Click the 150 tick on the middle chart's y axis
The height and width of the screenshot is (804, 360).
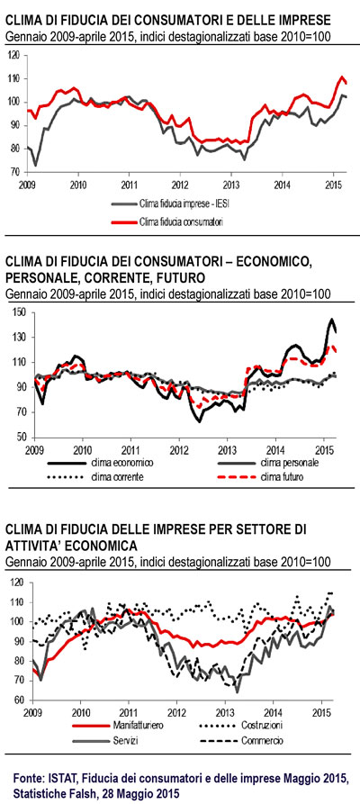(22, 312)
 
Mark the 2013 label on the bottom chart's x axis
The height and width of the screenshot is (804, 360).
(224, 713)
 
